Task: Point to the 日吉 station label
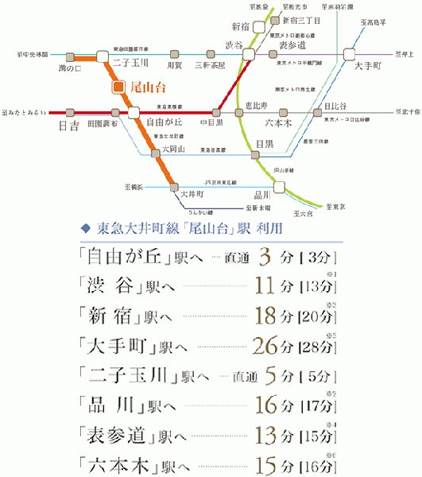tap(70, 125)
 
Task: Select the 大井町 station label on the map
tap(193, 193)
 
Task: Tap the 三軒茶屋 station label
tap(210, 65)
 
